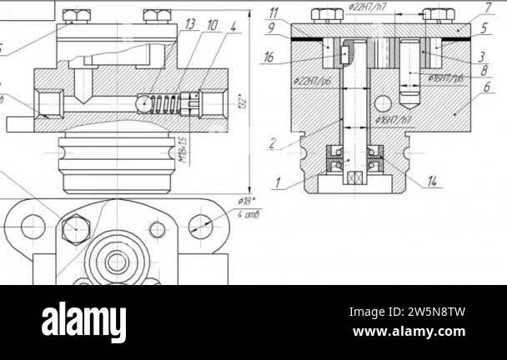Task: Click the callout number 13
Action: pos(190,24)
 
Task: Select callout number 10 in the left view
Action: pos(212,25)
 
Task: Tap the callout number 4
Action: pos(233,25)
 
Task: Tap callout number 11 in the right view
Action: pos(275,13)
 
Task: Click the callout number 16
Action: pos(269,57)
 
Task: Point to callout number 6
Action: pos(486,86)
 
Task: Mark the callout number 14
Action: pos(431,181)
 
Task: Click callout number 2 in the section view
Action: pos(273,143)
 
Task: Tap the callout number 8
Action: pos(484,71)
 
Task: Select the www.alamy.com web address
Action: pos(408,332)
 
